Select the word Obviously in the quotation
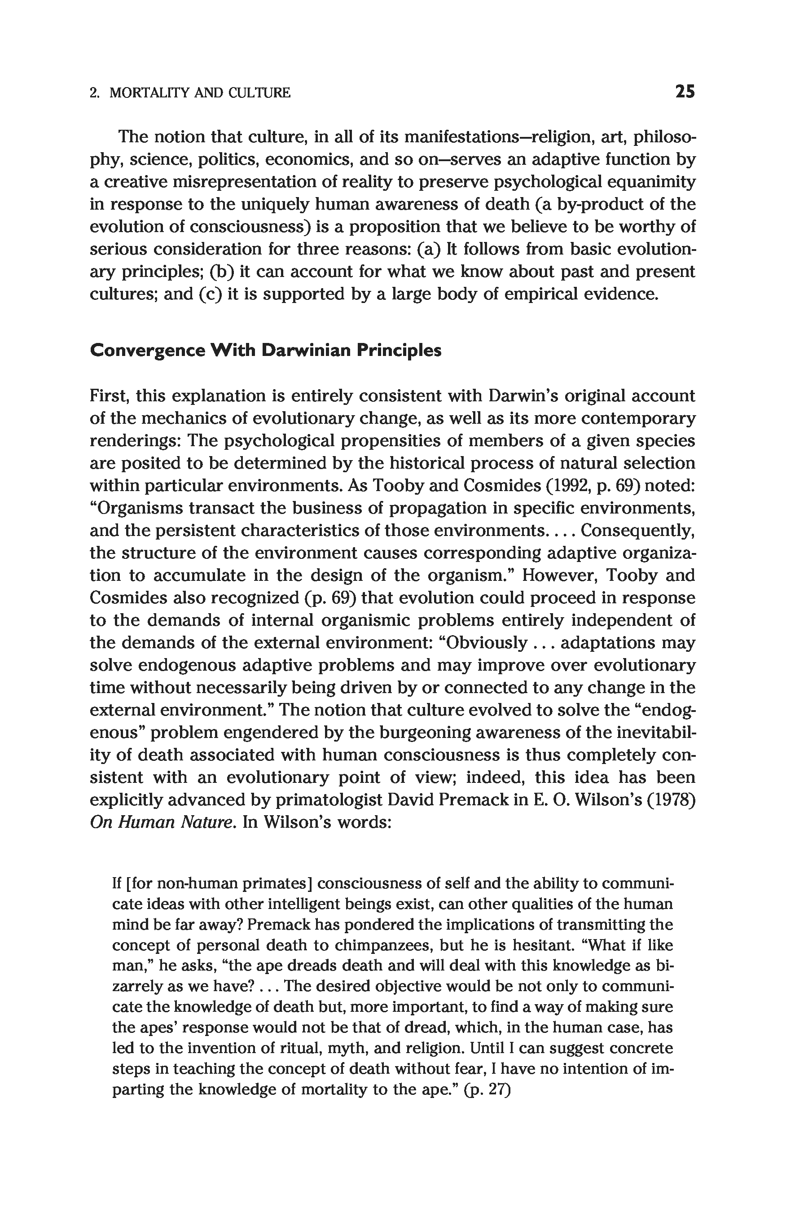(487, 643)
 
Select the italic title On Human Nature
(160, 822)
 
